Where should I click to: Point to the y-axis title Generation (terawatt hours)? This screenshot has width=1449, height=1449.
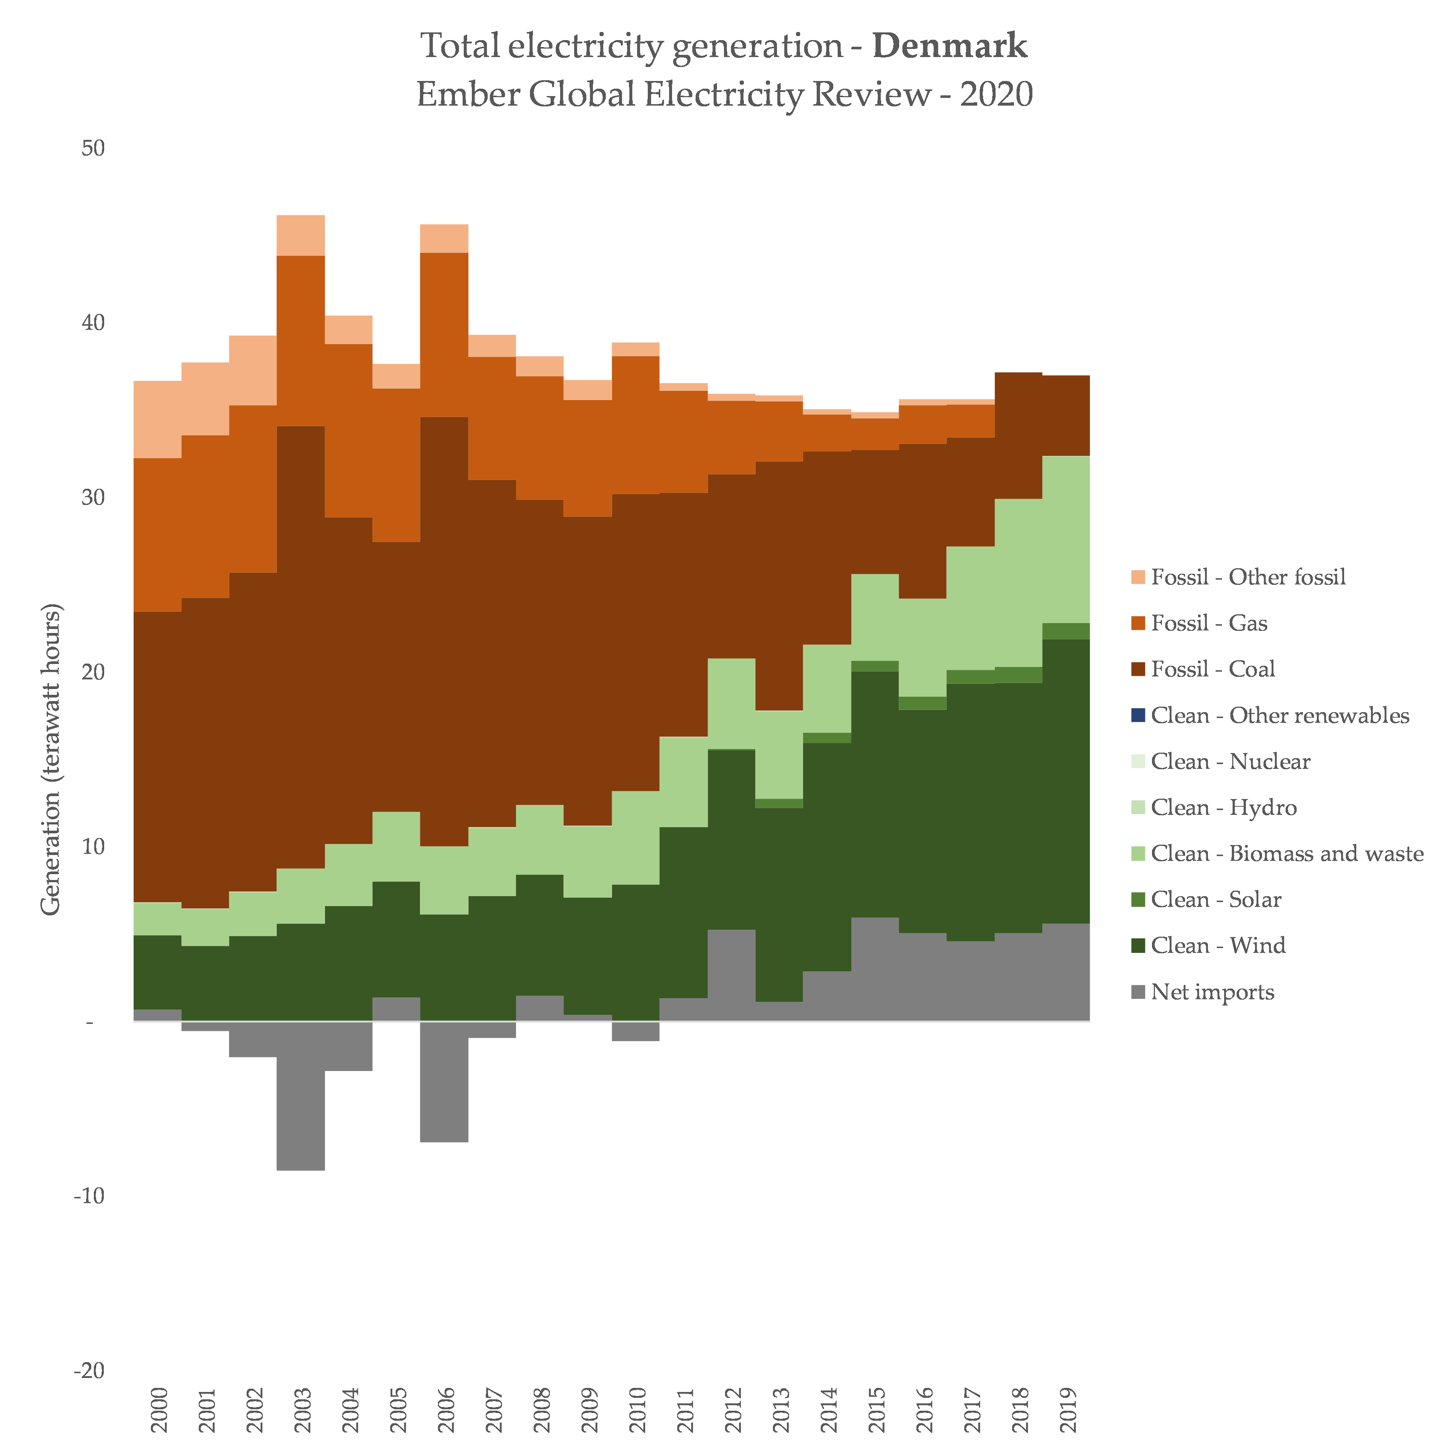[x=51, y=759]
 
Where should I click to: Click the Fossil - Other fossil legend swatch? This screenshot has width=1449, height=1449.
[x=1138, y=577]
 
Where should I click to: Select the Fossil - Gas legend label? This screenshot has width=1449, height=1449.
[x=1209, y=623]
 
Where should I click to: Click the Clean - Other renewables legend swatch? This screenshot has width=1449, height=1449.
[x=1138, y=715]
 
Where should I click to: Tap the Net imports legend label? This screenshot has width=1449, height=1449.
[x=1213, y=992]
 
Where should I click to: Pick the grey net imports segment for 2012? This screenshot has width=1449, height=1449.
[x=731, y=975]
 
